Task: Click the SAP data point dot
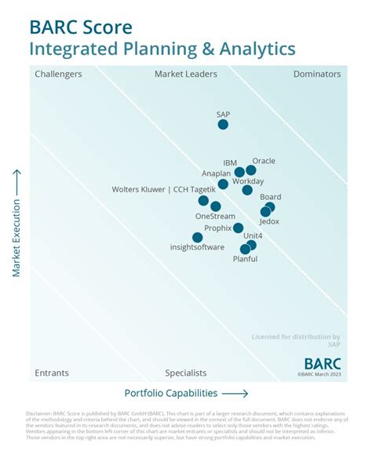point(223,124)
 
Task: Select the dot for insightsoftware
point(198,237)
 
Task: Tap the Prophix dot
point(239,227)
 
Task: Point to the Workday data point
point(247,190)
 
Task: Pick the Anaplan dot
point(223,184)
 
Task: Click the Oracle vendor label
point(264,161)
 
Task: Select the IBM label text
point(230,162)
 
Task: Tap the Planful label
point(245,259)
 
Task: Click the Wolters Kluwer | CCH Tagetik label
point(163,189)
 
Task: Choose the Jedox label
point(269,221)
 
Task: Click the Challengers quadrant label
point(58,75)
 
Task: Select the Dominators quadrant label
point(317,75)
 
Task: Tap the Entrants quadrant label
point(52,373)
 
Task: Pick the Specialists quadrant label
point(186,373)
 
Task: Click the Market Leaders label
point(186,75)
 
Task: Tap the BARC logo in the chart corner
point(323,363)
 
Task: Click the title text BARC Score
point(81,27)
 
